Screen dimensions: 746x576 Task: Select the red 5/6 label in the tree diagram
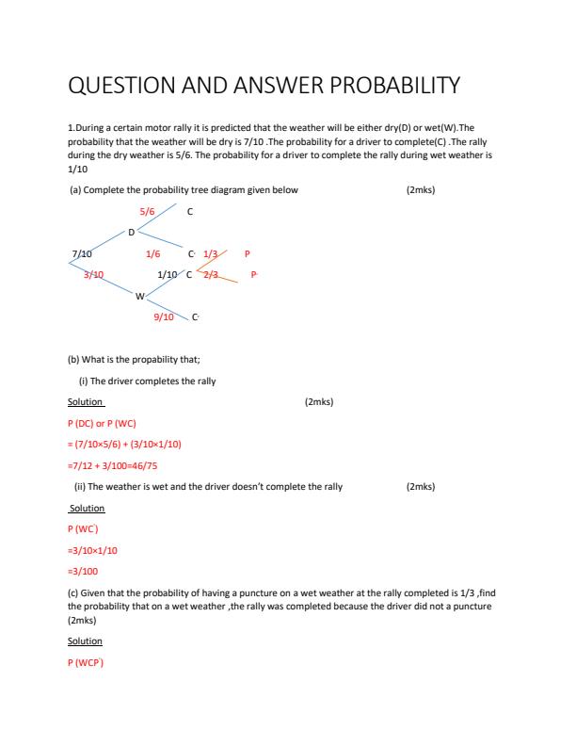(x=147, y=212)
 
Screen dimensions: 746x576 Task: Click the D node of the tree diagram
(x=132, y=232)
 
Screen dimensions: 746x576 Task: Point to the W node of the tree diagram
(x=139, y=297)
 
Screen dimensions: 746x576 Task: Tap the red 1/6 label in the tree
(x=152, y=254)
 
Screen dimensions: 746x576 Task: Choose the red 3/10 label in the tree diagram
(x=93, y=274)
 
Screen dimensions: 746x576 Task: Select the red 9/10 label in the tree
(x=164, y=317)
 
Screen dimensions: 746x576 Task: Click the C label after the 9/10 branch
(x=195, y=317)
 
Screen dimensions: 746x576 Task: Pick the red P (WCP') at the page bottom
(x=87, y=662)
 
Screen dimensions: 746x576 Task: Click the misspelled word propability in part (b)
(x=152, y=360)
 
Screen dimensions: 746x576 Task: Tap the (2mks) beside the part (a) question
(x=420, y=189)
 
